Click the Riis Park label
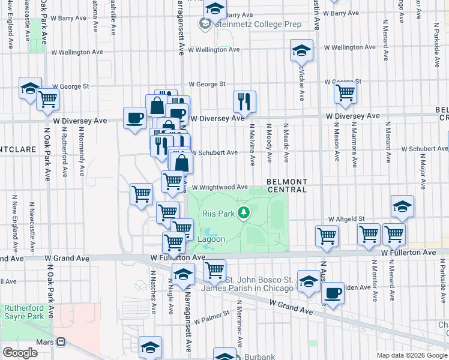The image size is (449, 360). click(x=218, y=213)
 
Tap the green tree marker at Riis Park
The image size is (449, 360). click(x=244, y=212)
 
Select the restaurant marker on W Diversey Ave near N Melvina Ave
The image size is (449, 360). click(x=244, y=103)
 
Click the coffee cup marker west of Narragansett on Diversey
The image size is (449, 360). click(x=135, y=116)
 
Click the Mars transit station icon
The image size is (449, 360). click(x=61, y=342)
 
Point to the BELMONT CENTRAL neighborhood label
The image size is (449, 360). click(x=286, y=185)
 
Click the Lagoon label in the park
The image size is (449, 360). click(x=212, y=239)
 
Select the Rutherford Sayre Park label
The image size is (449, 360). click(x=24, y=312)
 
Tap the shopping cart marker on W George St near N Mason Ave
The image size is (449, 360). click(x=346, y=93)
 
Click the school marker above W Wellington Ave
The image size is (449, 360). click(x=301, y=50)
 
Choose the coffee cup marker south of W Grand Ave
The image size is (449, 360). click(x=333, y=293)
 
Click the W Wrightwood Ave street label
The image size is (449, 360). click(x=219, y=187)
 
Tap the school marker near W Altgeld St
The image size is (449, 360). click(x=402, y=207)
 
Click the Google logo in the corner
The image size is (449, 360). click(x=20, y=353)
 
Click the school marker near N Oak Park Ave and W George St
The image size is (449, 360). click(x=29, y=88)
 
